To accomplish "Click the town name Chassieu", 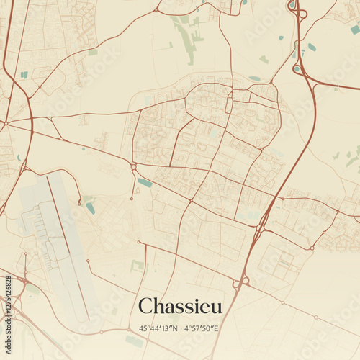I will click(180, 306).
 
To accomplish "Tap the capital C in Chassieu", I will click(144, 306).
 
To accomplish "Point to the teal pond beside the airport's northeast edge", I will click(90, 207).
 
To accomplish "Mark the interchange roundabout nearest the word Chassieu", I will click(238, 284).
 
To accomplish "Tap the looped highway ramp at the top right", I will click(297, 13).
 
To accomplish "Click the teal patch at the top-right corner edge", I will click(355, 30).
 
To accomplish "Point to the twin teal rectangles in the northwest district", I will click(24, 74).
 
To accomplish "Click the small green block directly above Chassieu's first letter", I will click(137, 266).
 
